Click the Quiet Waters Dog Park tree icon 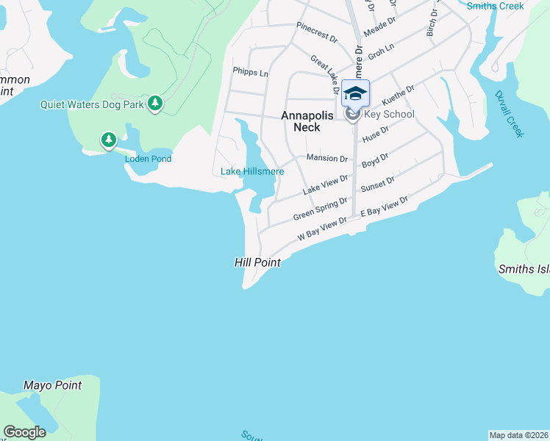154,104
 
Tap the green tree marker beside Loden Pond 109,140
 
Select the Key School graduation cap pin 355,93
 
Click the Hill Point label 257,262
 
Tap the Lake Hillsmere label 252,172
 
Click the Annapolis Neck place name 307,121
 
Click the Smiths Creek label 496,6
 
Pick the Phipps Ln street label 250,73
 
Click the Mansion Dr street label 326,158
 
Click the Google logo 25,432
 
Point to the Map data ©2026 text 519,435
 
